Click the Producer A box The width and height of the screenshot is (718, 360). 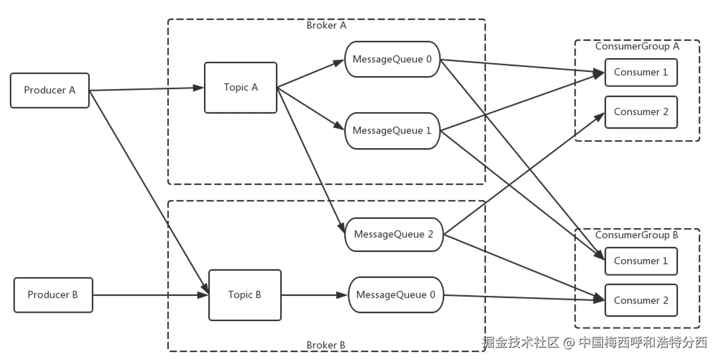tap(50, 90)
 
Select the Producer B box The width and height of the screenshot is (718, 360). tap(53, 295)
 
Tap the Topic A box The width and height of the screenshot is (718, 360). tap(241, 88)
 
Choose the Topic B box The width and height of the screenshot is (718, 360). tap(245, 295)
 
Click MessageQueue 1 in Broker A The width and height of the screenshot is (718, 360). tap(392, 131)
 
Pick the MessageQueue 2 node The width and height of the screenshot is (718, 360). tap(393, 235)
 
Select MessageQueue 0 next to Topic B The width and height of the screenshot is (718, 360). tap(396, 295)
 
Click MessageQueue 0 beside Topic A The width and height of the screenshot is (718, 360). tap(392, 59)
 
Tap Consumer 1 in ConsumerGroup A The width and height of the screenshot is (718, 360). tap(641, 73)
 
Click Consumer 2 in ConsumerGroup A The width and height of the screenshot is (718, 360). tap(641, 112)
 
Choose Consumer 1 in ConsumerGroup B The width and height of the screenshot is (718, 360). tap(641, 261)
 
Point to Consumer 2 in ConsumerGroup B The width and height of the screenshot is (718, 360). tap(641, 300)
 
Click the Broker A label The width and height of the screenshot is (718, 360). tap(326, 25)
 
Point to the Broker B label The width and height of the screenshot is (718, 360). tap(326, 345)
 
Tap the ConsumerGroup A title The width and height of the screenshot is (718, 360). tap(637, 46)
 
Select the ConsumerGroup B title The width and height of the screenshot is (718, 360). tap(636, 235)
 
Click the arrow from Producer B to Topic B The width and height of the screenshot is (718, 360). tap(150, 296)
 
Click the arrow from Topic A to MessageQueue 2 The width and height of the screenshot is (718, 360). tap(311, 161)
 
